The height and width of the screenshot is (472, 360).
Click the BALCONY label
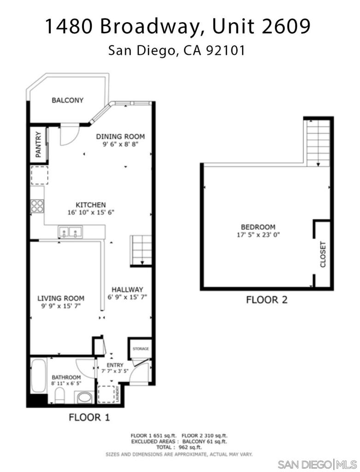[x=67, y=100]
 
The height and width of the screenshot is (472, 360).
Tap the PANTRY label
[x=38, y=144]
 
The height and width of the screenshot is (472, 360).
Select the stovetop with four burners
[x=37, y=206]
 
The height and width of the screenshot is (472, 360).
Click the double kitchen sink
[x=70, y=232]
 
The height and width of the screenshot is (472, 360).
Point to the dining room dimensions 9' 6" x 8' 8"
[x=120, y=144]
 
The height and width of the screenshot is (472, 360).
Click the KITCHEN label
[x=91, y=205]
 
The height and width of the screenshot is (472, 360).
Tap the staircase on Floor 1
[x=141, y=251]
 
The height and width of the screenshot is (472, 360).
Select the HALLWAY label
[x=127, y=289]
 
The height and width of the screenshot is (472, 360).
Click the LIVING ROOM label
[x=61, y=298]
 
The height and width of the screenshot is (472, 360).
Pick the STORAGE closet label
[x=141, y=348]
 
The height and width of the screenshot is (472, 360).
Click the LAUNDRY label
[x=118, y=394]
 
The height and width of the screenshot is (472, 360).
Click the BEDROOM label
[x=258, y=227]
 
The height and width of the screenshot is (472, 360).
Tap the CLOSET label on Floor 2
[x=323, y=254]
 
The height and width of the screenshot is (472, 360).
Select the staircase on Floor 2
[x=318, y=143]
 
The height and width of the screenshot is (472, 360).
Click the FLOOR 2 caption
[x=267, y=300]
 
